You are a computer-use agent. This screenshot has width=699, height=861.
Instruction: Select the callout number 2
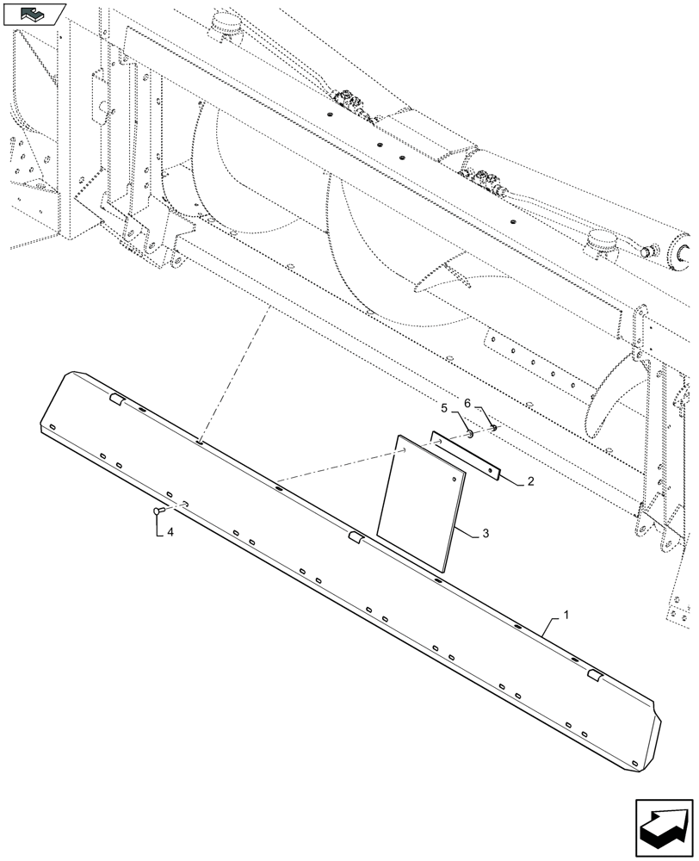click(530, 482)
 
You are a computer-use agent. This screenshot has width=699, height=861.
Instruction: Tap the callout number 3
click(486, 535)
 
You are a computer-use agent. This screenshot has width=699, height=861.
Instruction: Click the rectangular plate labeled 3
click(422, 504)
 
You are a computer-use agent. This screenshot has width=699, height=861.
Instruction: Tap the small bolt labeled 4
click(157, 512)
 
